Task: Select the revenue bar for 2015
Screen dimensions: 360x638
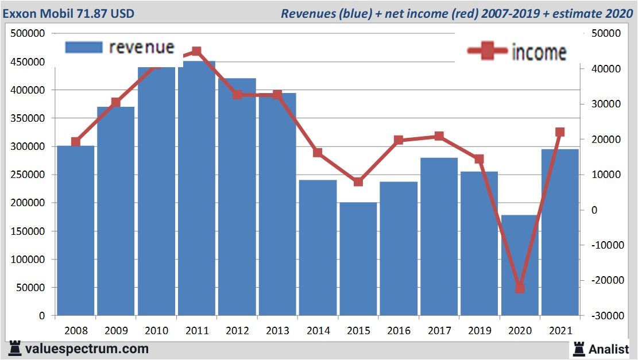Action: point(358,258)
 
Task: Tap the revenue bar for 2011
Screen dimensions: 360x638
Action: point(196,189)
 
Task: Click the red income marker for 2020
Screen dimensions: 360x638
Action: point(520,288)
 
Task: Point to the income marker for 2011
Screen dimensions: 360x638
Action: point(196,52)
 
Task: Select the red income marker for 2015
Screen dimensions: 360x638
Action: point(358,182)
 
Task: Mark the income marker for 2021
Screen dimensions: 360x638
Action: point(560,133)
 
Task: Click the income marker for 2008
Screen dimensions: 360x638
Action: point(76,142)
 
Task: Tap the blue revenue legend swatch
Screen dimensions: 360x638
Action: point(84,47)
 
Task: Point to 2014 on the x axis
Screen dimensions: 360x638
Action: point(318,331)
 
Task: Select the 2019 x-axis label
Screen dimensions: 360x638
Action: point(479,331)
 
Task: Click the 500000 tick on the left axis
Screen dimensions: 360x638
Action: point(28,34)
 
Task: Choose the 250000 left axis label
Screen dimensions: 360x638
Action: point(28,175)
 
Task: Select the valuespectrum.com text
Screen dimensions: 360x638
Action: point(86,349)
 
